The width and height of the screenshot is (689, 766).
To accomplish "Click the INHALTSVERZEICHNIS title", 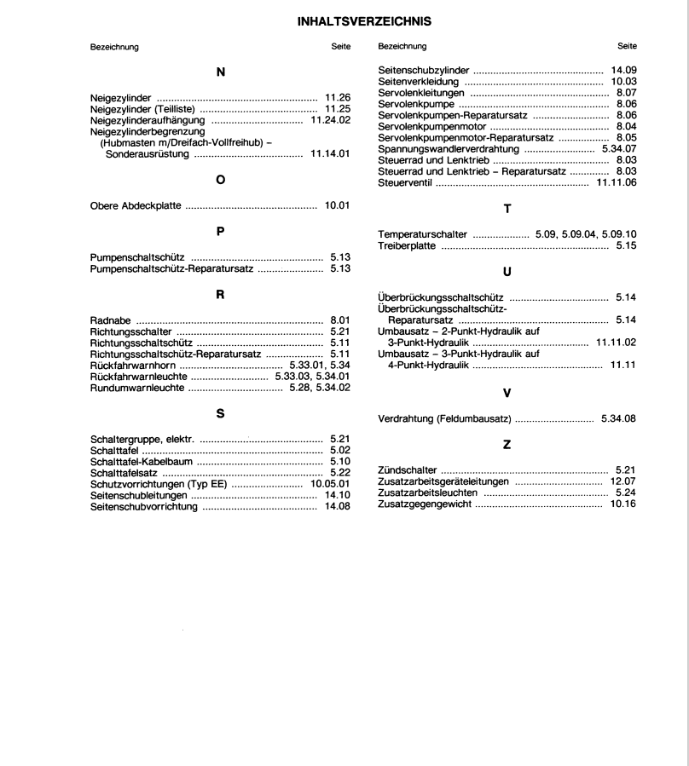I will (364, 21).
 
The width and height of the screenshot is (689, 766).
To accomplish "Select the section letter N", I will (221, 72).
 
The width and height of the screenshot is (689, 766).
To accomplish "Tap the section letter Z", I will (507, 445).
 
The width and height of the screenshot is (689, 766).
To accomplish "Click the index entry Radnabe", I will (111, 320).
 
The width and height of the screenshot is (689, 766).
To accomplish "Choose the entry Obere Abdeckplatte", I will (136, 205).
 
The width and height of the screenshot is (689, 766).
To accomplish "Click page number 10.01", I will (338, 205).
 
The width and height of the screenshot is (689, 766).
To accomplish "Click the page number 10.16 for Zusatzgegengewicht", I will (623, 504).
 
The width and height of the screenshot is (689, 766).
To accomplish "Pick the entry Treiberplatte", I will (407, 245).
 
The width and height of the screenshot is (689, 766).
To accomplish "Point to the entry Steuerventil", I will (406, 181).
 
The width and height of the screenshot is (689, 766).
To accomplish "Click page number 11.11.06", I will (617, 181).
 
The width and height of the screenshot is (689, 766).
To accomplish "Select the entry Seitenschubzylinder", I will (424, 71).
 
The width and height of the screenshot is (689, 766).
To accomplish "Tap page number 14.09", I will (623, 71).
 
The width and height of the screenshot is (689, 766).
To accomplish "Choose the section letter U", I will (507, 272).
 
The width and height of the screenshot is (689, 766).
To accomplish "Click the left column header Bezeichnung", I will (114, 46).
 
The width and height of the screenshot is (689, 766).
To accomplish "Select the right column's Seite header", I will (627, 46).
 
